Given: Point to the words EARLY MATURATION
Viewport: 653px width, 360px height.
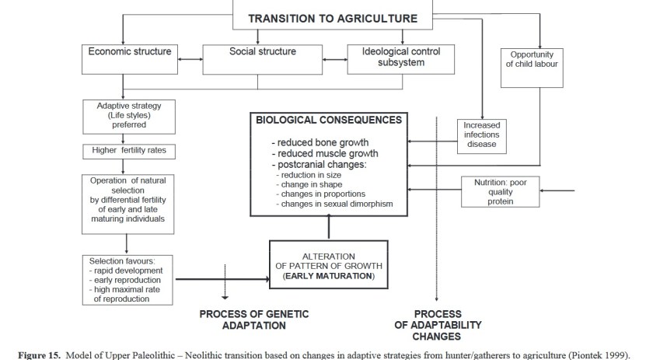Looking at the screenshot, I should [329, 276].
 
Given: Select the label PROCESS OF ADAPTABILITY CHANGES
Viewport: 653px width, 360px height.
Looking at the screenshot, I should [437, 325].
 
